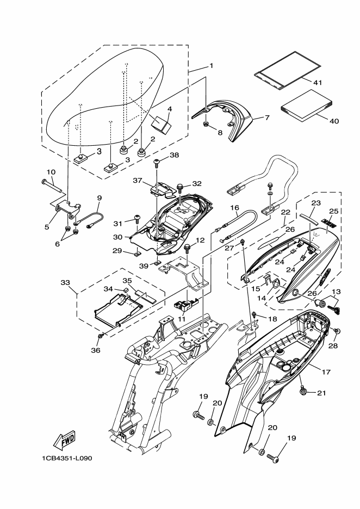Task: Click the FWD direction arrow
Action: tap(65, 440)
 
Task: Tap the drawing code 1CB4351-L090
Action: tap(67, 458)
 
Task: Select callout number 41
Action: tap(318, 83)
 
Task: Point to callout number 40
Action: tap(334, 121)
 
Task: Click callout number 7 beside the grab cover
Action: tap(267, 117)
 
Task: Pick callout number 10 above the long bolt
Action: tap(51, 172)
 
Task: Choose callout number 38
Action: tap(175, 155)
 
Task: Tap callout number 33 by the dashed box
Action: tap(65, 282)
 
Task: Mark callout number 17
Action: tap(326, 371)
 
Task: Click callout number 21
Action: tap(321, 393)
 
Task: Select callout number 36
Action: tap(96, 350)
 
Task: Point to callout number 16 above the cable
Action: tap(234, 207)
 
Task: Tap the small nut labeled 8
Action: tap(206, 123)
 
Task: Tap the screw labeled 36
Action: tap(101, 336)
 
